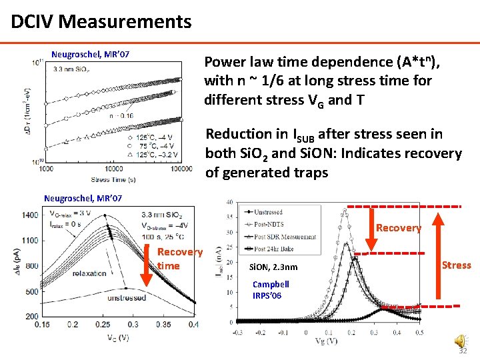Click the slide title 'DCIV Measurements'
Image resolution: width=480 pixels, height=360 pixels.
[x=101, y=21]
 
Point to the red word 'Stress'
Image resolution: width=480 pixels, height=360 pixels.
[x=457, y=265]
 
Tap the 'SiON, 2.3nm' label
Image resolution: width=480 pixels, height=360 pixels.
[x=273, y=268]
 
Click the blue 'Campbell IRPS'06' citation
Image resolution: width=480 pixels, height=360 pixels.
[x=271, y=289]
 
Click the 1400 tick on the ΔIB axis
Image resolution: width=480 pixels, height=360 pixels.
[x=30, y=215]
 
